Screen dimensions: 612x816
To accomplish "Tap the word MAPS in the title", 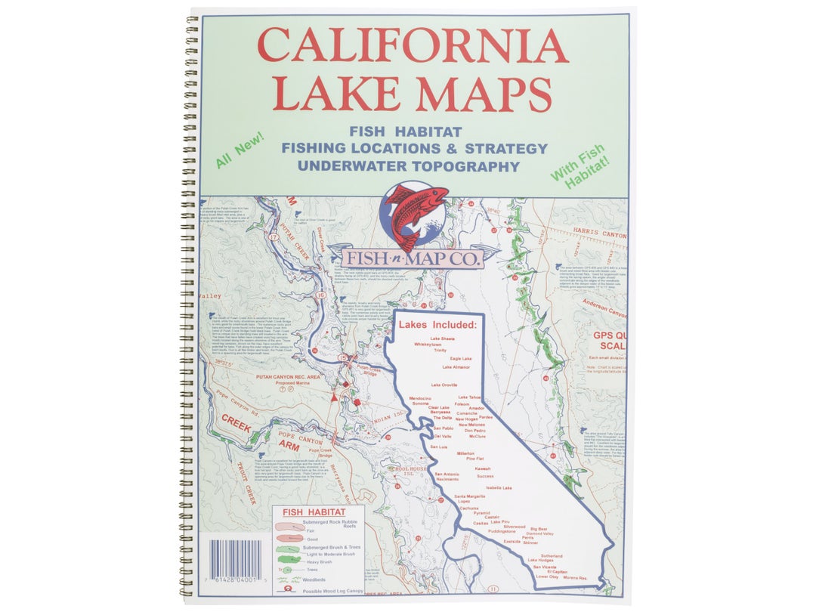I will coord(484,94).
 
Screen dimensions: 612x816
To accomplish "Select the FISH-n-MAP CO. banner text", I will coord(413,259).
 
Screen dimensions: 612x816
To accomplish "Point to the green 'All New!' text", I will coord(239,150).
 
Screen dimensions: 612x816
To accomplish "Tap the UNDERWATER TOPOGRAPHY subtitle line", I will coord(408,166).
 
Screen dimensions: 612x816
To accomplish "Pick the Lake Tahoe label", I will coord(469,397).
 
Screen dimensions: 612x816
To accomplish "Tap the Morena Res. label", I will coord(572,578).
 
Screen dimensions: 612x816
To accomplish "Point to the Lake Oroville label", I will coord(444,385).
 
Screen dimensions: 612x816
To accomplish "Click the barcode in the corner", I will coord(236,560).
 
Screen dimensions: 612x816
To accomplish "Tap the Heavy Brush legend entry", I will coord(319,561).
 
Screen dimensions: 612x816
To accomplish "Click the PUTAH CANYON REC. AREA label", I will coord(288,376).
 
